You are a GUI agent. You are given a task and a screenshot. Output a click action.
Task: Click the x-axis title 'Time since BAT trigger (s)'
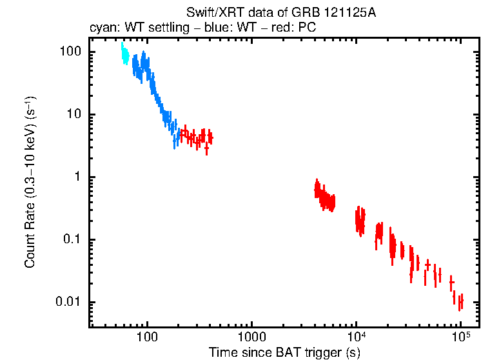tap(284, 352)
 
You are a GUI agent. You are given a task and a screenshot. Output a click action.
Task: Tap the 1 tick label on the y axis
tap(76, 177)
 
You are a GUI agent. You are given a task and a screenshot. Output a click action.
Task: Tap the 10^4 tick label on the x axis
tap(356, 337)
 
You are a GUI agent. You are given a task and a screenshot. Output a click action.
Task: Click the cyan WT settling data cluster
tap(124, 55)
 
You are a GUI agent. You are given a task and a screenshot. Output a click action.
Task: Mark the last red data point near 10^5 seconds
tap(460, 301)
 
